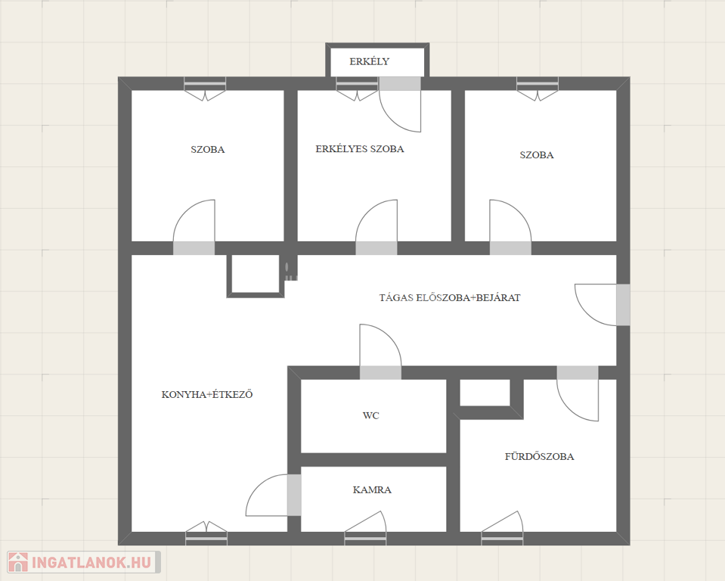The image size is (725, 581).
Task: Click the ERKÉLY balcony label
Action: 369,61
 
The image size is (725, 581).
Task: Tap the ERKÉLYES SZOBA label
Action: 360,149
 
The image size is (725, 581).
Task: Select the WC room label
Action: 371,415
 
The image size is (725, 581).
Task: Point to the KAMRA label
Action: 372,489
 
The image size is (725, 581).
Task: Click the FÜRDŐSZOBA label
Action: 539,457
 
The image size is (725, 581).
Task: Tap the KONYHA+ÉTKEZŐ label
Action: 207,395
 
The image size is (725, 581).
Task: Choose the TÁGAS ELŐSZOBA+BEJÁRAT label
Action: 450,297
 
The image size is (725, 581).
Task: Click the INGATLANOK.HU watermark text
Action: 91,563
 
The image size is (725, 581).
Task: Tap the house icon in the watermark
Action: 18,562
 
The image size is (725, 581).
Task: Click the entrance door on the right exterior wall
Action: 602,305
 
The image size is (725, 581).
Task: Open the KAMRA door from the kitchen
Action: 273,495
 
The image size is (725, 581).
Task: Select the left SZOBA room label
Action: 208,150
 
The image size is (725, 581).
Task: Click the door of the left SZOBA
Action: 194,227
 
